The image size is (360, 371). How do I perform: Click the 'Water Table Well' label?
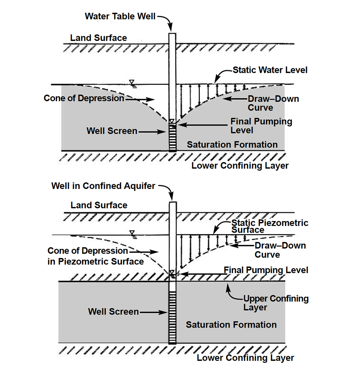coord(120,17)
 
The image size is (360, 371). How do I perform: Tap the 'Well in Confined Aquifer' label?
coord(103,186)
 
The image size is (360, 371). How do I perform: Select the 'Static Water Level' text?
coord(270,70)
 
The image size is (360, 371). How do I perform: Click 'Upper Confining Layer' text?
coord(276,303)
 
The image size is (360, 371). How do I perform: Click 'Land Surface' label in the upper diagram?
coord(99,38)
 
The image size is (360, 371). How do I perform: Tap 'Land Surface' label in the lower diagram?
coord(99,205)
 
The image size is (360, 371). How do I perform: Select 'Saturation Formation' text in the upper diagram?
coord(232,145)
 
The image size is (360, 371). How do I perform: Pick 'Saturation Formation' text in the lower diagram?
coord(231,325)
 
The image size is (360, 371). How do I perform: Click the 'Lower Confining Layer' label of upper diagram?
coord(240,166)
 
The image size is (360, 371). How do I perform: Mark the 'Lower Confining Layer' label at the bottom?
coord(245,358)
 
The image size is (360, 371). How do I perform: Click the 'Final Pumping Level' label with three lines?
coord(261,126)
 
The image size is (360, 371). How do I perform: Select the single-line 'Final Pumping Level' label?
coord(266,270)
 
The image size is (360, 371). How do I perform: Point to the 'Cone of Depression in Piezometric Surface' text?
coord(96,256)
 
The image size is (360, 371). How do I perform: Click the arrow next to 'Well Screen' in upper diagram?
coord(152,132)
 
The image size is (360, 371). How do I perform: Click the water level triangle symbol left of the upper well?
coord(132,83)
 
